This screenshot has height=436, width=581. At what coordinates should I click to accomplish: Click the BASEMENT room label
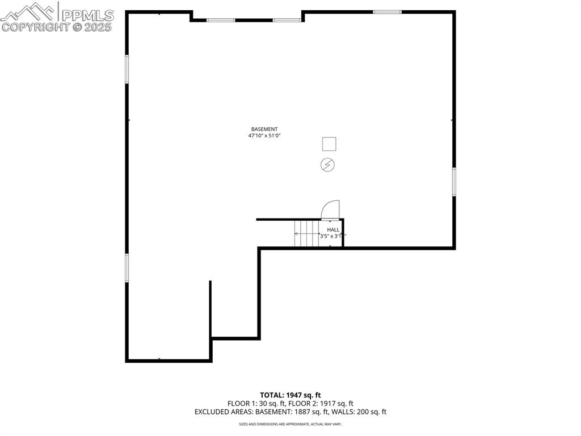pyautogui.click(x=264, y=129)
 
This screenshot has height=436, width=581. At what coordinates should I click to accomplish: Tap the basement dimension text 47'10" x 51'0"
pyautogui.click(x=264, y=136)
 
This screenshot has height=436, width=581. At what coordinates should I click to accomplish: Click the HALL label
pyautogui.click(x=333, y=230)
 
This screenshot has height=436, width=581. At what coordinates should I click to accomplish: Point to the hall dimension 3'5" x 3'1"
pyautogui.click(x=331, y=236)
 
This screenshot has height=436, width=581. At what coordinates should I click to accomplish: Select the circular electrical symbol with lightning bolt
pyautogui.click(x=328, y=165)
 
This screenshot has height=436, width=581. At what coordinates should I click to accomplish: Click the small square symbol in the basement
pyautogui.click(x=329, y=144)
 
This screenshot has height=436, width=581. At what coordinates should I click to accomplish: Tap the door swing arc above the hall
pyautogui.click(x=331, y=209)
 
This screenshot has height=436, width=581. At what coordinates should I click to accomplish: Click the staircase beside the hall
pyautogui.click(x=306, y=233)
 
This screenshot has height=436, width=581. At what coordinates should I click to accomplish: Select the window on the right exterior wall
pyautogui.click(x=454, y=182)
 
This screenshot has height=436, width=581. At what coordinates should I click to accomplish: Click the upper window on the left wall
pyautogui.click(x=127, y=69)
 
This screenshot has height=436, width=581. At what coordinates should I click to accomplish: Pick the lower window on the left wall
pyautogui.click(x=127, y=267)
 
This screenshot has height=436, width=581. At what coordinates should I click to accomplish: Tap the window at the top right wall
pyautogui.click(x=387, y=12)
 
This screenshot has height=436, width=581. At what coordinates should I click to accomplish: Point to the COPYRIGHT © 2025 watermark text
pyautogui.click(x=57, y=27)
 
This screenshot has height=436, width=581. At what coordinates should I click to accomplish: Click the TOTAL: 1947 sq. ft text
pyautogui.click(x=290, y=395)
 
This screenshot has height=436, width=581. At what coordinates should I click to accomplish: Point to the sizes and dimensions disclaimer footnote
pyautogui.click(x=290, y=424)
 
